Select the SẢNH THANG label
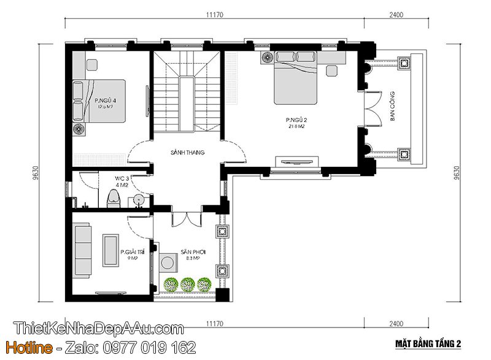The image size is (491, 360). [188, 152]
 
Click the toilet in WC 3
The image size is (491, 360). [113, 198]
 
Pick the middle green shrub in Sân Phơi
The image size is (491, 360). [188, 284]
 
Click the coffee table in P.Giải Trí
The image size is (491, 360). [111, 250]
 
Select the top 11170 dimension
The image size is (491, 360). [213, 16]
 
